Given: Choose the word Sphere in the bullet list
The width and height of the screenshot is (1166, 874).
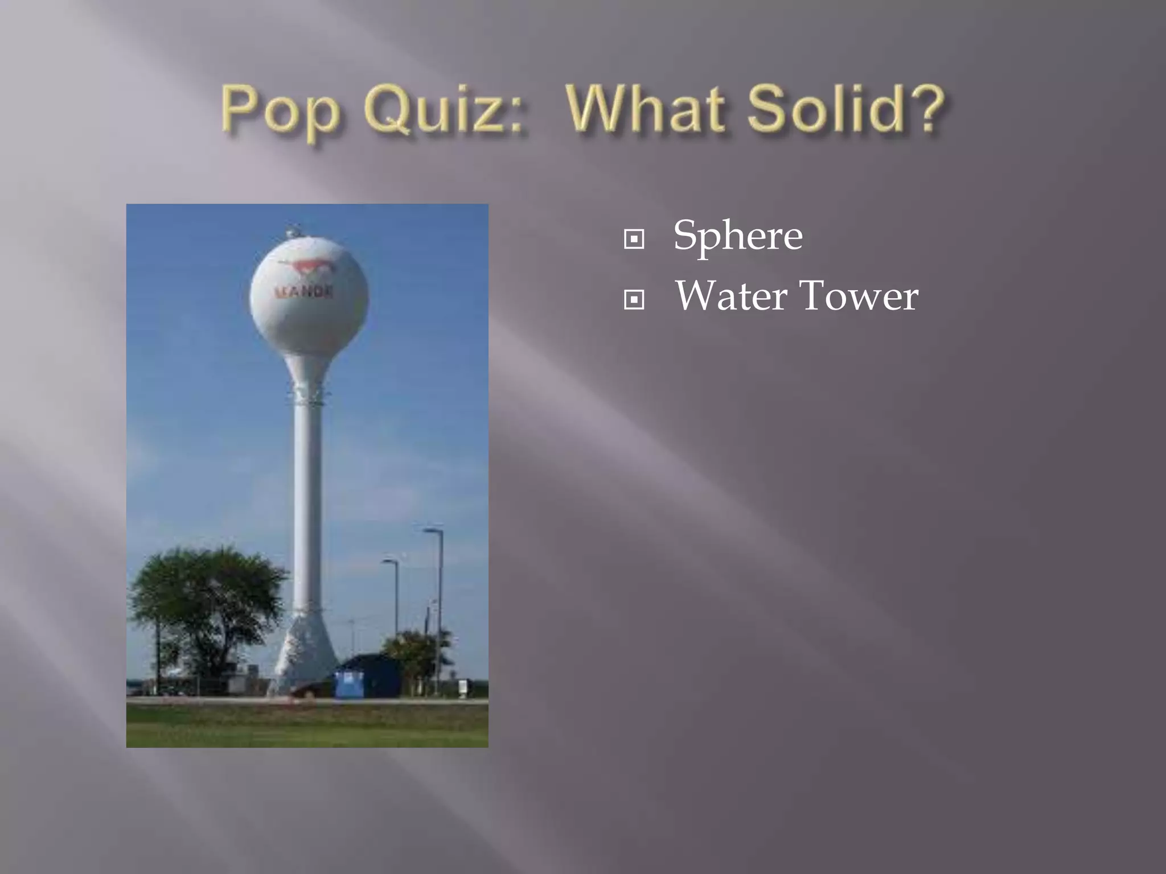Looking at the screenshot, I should (x=738, y=236).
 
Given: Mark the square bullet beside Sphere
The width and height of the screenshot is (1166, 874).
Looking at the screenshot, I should (x=634, y=240).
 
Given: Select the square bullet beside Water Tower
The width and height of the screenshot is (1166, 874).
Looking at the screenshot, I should (x=634, y=299).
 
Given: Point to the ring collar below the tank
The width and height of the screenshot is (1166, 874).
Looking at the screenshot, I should (x=308, y=394).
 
